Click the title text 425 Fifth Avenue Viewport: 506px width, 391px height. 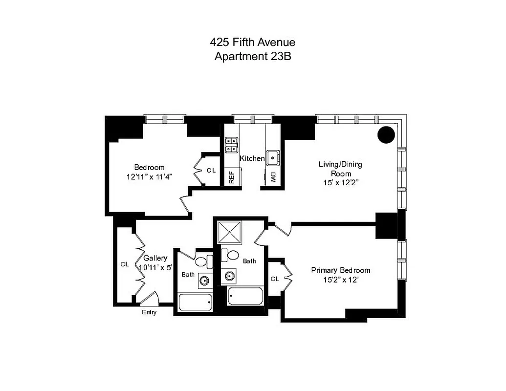point(252,43)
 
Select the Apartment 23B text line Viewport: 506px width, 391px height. point(252,56)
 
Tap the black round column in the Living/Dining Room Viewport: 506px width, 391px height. point(386,134)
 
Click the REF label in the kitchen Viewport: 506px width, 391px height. point(232,176)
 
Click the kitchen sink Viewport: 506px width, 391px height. point(272,157)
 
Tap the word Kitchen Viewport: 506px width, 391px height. point(252,158)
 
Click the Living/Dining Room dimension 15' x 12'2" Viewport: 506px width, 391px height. point(340,183)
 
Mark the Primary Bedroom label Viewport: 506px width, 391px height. point(341,270)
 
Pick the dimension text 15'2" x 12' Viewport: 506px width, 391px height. point(341,280)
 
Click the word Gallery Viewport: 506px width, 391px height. point(155,258)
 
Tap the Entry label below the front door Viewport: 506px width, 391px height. point(149,312)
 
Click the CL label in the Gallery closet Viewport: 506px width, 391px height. point(125,264)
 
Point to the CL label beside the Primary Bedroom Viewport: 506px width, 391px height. point(274,279)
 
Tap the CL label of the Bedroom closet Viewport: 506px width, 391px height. point(211,170)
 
